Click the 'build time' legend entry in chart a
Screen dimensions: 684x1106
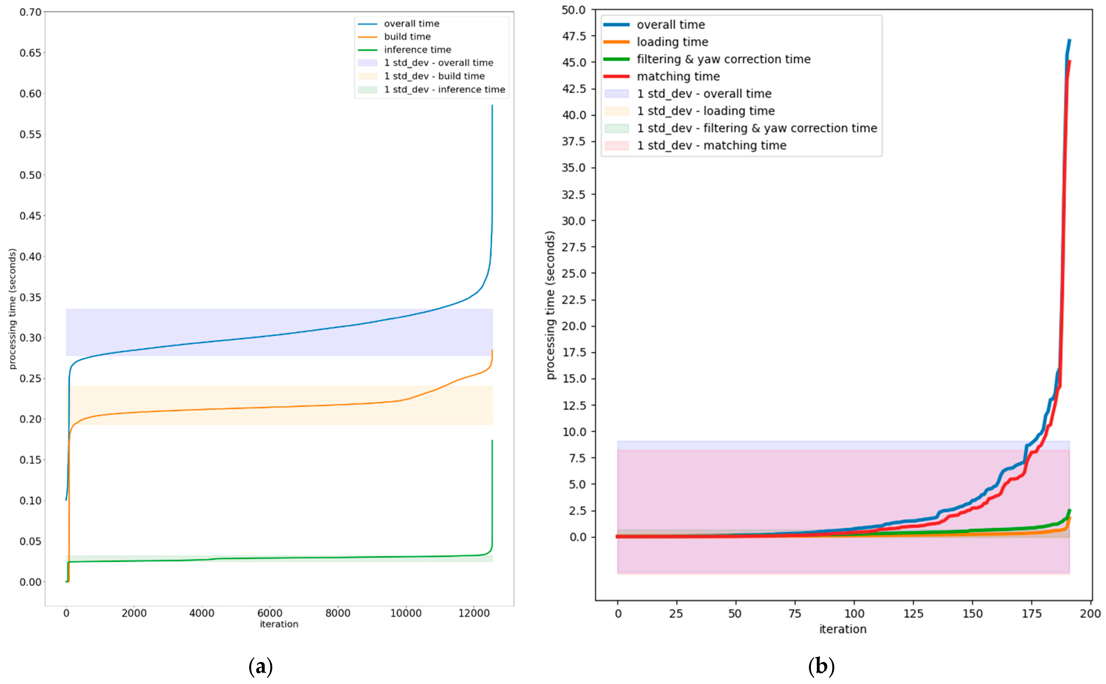[407, 37]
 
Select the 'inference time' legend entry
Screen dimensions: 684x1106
[417, 50]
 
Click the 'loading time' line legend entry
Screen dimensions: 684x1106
[672, 42]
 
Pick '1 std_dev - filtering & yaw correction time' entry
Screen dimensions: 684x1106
[756, 128]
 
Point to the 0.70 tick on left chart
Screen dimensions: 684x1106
[30, 12]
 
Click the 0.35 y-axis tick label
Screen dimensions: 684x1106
[30, 297]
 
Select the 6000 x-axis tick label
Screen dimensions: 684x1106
[270, 613]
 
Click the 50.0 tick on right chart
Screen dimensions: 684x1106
[573, 10]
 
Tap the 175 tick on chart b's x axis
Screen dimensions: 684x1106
[1031, 614]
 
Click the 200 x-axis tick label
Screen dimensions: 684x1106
[1090, 614]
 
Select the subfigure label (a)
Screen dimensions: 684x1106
[261, 666]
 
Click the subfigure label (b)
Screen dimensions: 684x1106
[821, 666]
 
